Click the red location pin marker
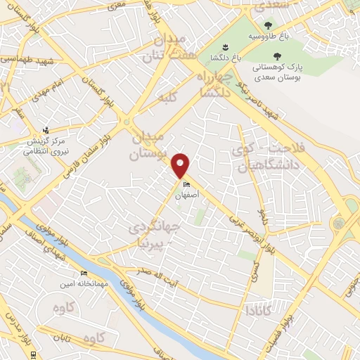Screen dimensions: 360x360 (181, 165)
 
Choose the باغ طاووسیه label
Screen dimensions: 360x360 (266, 33)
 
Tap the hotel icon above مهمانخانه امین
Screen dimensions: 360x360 (84, 273)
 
